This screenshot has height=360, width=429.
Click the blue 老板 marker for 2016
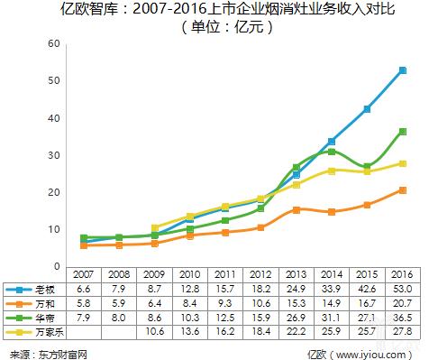click(x=403, y=70)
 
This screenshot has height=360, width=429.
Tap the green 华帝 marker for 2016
click(x=403, y=132)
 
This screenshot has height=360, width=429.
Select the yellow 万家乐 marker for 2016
click(x=403, y=163)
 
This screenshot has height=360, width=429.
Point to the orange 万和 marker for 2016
click(x=403, y=190)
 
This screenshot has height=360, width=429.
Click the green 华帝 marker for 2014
click(x=332, y=152)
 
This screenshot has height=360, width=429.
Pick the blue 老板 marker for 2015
click(x=368, y=109)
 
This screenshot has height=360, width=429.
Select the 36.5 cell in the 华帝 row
click(x=402, y=318)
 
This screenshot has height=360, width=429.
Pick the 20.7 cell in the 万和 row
click(x=402, y=304)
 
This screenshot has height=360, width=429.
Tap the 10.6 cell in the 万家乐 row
click(x=153, y=332)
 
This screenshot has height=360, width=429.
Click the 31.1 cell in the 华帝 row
click(x=331, y=318)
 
